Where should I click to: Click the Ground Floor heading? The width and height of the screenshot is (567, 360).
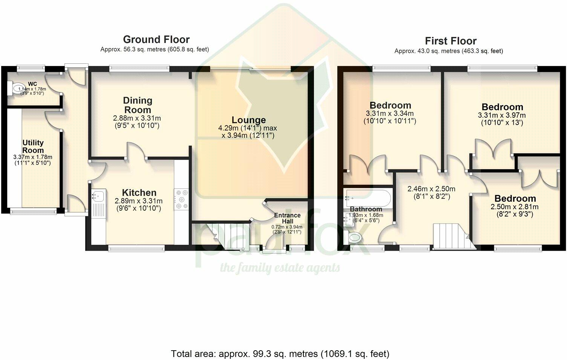tap(156, 40)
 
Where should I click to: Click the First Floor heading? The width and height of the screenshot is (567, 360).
tap(451, 41)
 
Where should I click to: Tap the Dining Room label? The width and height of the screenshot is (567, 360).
tap(138, 105)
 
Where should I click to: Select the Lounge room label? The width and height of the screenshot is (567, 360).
tap(248, 120)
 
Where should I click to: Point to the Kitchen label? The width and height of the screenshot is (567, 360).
tap(139, 193)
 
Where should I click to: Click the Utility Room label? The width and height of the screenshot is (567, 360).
tap(33, 146)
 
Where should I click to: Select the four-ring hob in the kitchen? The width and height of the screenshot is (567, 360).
tap(181, 199)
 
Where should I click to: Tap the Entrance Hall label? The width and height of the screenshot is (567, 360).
tap(287, 218)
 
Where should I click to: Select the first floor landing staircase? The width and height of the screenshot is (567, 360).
tap(453, 236)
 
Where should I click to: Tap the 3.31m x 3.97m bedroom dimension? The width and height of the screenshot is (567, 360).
tap(502, 115)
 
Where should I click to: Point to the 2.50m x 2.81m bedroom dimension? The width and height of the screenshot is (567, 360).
tap(515, 207)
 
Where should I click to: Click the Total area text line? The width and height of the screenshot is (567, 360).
tap(280, 354)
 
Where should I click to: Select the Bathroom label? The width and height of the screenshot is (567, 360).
tap(366, 209)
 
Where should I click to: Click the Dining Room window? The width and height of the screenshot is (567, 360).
tap(139, 67)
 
